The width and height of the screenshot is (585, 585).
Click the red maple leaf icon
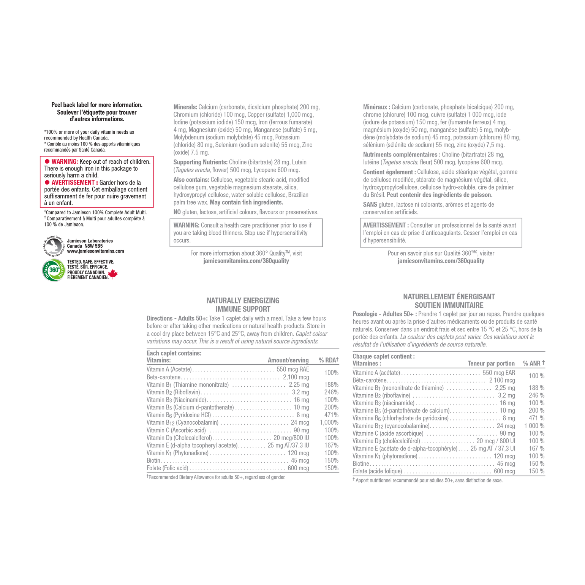pos(113,274)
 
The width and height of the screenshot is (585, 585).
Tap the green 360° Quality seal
pos(54,270)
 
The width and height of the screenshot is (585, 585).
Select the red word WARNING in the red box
pos(65,161)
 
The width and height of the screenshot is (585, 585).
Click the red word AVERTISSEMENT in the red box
pos(75,182)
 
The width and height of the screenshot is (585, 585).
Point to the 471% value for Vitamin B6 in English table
pos(331,415)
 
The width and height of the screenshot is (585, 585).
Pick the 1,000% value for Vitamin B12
pos(329,422)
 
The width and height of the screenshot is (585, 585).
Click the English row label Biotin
pos(153,460)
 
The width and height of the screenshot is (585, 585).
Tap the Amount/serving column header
pos(288,360)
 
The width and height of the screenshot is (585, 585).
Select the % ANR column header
pos(534,363)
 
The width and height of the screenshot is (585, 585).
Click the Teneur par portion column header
pos(491,363)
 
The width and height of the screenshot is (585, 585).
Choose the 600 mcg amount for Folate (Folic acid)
pos(298,468)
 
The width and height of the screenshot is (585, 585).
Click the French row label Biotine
pos(361,463)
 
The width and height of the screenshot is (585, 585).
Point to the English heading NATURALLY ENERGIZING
pos(243,300)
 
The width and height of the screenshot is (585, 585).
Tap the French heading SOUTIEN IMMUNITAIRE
pos(449,305)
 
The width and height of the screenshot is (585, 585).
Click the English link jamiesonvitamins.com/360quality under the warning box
pos(246,261)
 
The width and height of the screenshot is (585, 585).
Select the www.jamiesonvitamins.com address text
pos(95,251)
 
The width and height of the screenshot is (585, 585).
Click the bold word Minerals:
pos(185,107)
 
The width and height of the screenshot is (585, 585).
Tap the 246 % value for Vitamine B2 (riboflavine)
pos(536,395)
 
